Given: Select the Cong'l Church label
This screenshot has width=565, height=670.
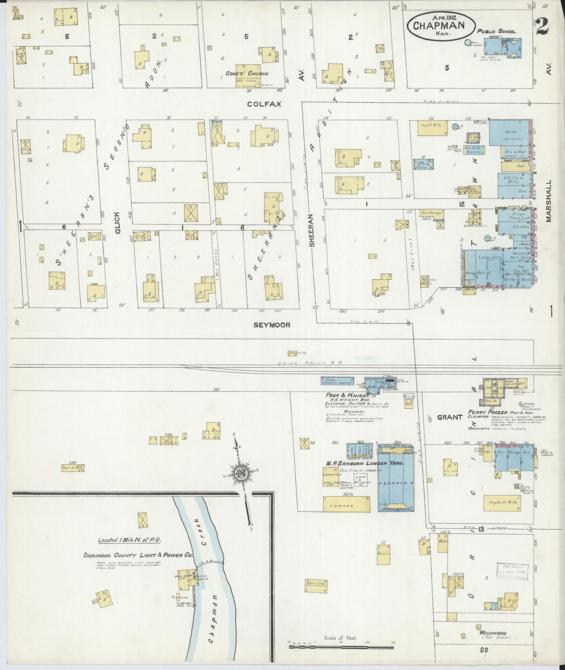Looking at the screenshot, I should pos(247,74).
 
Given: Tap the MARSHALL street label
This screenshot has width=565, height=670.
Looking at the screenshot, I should pos(549,201).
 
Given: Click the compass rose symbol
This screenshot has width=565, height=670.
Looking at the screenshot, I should pos(242,474).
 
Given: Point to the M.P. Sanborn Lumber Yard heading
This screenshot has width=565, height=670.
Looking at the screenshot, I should pos(364,463).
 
